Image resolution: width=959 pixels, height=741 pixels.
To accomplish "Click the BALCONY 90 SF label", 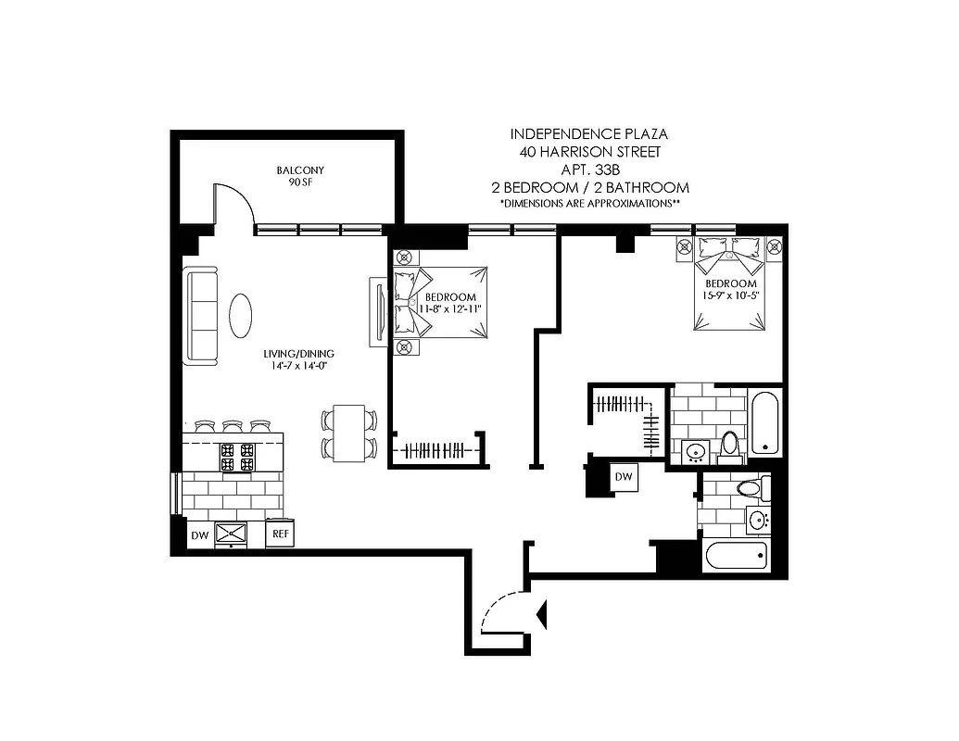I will coord(300,176).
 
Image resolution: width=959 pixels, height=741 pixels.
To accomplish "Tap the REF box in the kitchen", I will coord(280,534).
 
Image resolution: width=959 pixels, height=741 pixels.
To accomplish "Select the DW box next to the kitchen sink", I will coord(199,534).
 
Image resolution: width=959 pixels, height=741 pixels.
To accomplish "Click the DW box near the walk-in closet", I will coord(624,476).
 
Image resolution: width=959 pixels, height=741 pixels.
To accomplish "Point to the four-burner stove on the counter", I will coord(236,457).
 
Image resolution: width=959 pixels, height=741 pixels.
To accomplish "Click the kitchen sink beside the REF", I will coord(231,534).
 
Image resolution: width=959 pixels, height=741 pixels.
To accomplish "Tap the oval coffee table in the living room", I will coord(240,316).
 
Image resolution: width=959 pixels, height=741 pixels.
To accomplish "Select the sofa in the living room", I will coord(201,316).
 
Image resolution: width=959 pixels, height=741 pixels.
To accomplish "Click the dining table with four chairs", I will coord(349,433).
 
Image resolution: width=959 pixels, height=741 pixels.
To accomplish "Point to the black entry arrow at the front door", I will coord(542,611).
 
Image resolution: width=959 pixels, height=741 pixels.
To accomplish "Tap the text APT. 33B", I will coord(590,170).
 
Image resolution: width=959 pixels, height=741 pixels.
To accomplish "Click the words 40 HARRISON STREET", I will coord(590,152).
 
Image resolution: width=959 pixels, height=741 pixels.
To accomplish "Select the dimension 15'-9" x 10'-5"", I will coord(731,296).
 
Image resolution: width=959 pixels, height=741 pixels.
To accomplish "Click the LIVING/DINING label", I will coord(297,354).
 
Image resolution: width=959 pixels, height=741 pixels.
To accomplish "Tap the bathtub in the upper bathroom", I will coord(766,423).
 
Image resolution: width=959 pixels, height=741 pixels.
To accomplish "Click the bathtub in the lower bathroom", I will coord(736,556).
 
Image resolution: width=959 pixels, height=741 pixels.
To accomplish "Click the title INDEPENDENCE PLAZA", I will coord(590,134).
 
